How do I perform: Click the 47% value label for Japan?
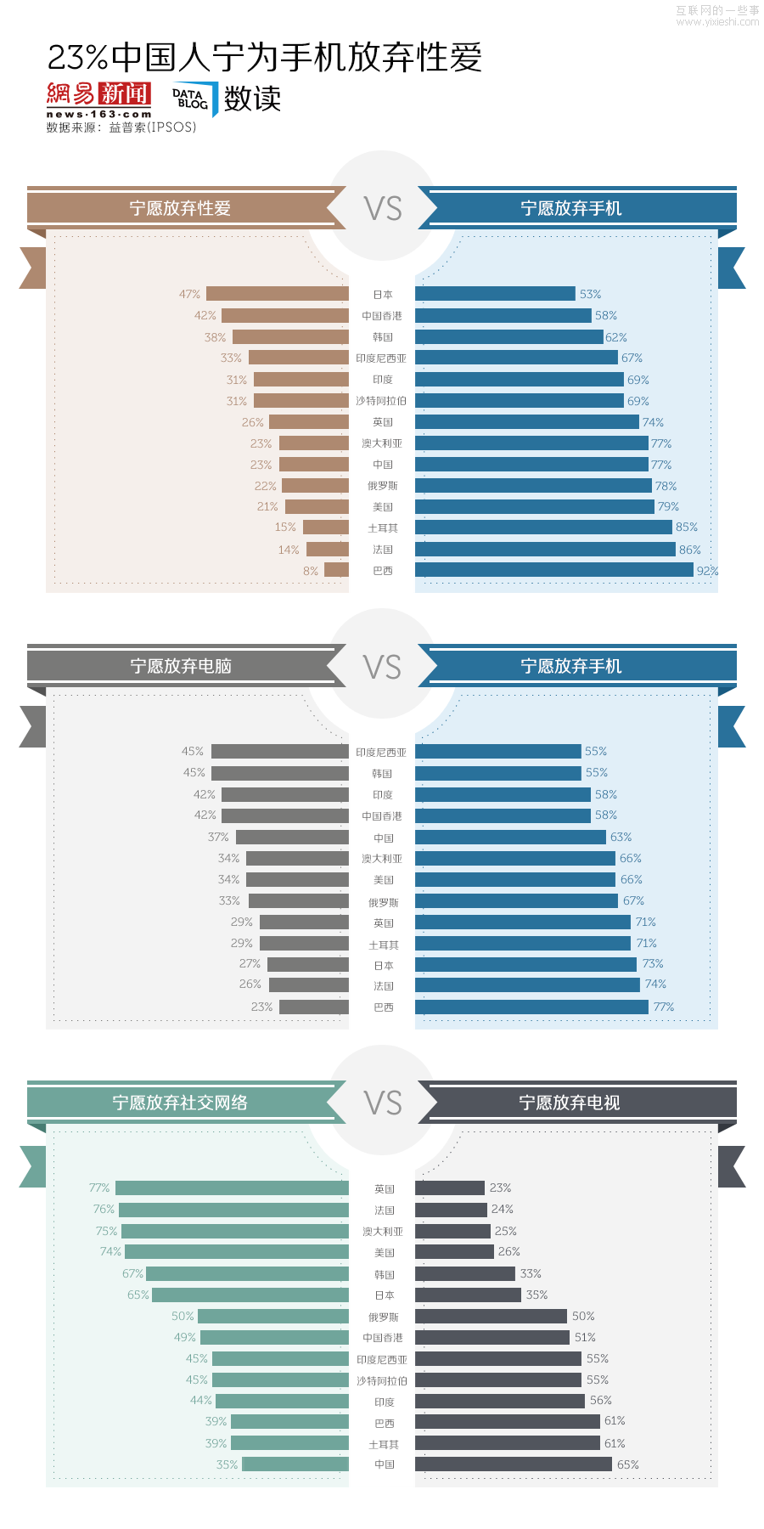click(189, 294)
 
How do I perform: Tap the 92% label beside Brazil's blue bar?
click(707, 571)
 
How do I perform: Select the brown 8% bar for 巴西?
click(336, 570)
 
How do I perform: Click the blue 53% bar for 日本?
click(495, 294)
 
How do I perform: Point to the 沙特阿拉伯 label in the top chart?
click(381, 401)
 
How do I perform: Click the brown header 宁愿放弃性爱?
click(180, 208)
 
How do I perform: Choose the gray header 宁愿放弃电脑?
click(180, 666)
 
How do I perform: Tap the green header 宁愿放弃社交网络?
click(180, 1103)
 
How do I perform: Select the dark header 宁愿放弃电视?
click(570, 1103)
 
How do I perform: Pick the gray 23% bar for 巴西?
click(313, 1007)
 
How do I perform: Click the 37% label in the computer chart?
click(218, 837)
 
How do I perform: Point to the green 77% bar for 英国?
click(232, 1188)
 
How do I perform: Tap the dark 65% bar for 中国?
click(513, 1464)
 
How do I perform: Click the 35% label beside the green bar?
click(227, 1464)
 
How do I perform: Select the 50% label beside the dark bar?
click(583, 1316)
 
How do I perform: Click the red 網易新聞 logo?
click(98, 94)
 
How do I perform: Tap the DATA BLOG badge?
click(193, 99)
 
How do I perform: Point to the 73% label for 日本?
click(653, 964)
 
